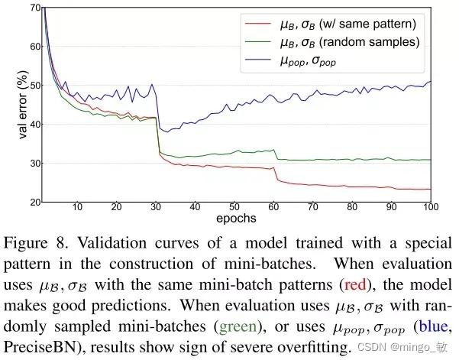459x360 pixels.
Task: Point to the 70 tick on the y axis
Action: (x=33, y=8)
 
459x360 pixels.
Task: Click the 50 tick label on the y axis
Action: (x=33, y=86)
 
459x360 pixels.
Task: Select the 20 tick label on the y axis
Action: (x=33, y=203)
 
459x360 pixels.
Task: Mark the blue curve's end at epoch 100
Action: (x=430, y=81)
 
